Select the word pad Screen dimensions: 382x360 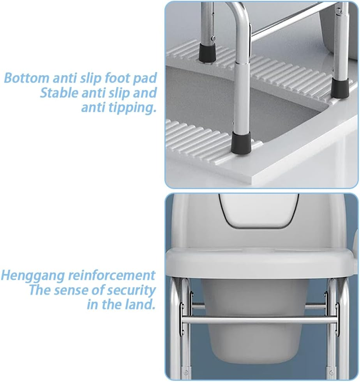tap(145, 78)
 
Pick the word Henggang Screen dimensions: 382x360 tap(32, 275)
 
